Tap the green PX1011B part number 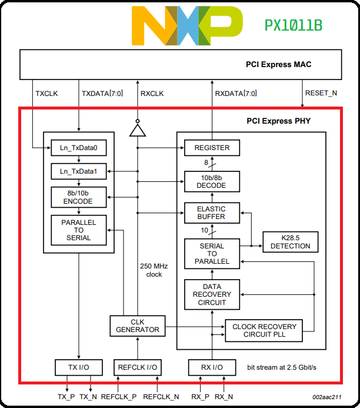pos(293,26)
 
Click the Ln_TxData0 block pos(78,147)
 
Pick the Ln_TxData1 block pos(78,171)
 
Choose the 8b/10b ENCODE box pos(78,197)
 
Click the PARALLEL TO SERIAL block pos(78,230)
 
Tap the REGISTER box pos(212,147)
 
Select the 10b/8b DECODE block pos(212,181)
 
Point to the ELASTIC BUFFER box pos(212,213)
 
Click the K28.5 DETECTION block pos(290,242)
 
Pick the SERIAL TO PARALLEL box pos(212,253)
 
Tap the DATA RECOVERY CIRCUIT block pos(212,294)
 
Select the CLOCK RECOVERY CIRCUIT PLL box pos(264,330)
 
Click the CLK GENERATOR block pos(137,326)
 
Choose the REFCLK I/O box pos(137,367)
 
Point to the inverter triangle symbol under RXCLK pos(137,129)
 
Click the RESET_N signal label pos(321,93)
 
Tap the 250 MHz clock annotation pos(154,270)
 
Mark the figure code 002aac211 pos(326,398)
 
